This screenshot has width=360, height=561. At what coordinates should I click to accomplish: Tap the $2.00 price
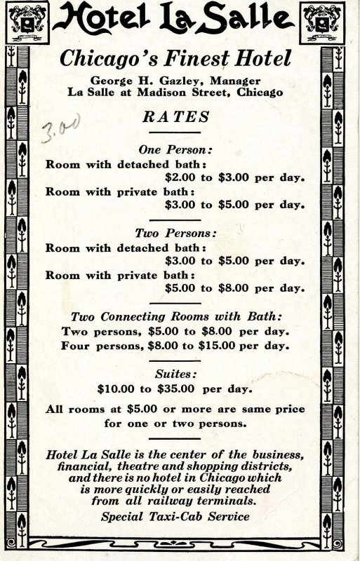click(x=180, y=177)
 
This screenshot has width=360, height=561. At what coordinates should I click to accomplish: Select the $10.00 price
click(x=117, y=388)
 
